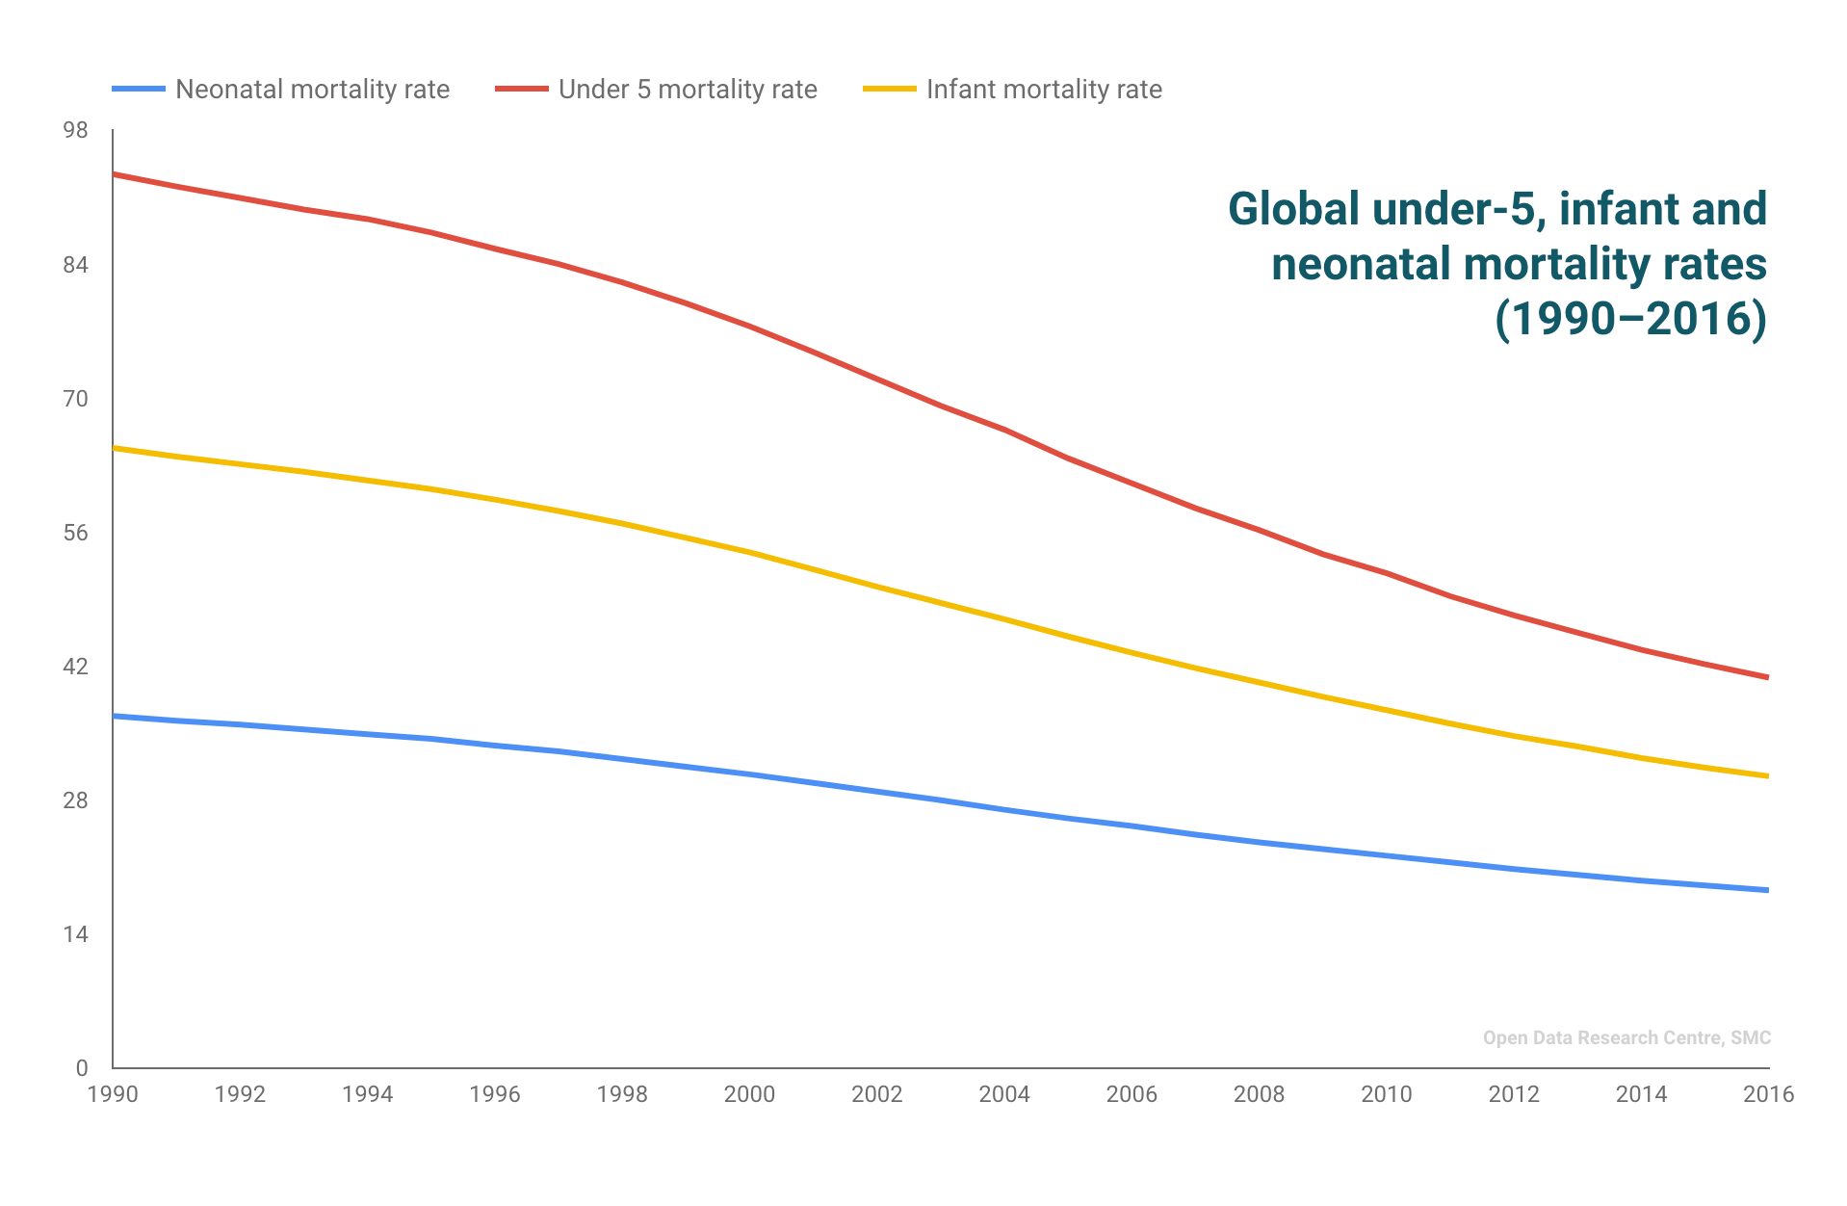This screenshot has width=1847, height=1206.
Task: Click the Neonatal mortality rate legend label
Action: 312,90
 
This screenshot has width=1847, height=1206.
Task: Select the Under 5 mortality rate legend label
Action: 687,90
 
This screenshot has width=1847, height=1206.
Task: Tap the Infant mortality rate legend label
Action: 1043,90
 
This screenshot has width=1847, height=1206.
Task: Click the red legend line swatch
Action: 521,89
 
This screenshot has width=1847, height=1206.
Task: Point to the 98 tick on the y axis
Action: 75,130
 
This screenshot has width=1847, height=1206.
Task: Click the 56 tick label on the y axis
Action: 75,533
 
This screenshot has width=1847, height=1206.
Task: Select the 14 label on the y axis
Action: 75,934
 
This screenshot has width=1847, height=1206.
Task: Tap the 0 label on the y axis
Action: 82,1067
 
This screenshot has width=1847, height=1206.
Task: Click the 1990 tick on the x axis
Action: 113,1094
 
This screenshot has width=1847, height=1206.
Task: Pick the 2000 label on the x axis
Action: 749,1094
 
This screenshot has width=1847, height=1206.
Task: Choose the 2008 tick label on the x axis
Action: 1259,1094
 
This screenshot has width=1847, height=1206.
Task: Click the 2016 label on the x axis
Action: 1768,1094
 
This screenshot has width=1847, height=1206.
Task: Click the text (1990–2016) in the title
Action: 1630,319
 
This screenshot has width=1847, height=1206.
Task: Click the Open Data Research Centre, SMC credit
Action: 1626,1037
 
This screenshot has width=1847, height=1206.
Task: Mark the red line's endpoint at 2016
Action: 1767,677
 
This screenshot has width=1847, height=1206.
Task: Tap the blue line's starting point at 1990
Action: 115,716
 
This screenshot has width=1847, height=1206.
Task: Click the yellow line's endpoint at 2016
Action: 1767,775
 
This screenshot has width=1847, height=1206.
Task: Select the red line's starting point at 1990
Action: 115,174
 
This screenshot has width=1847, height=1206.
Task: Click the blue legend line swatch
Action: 138,89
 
